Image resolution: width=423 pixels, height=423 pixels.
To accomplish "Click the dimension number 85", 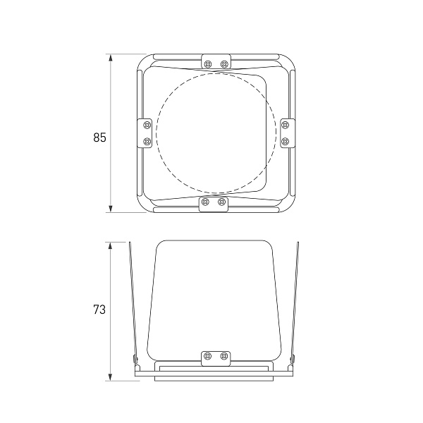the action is coord(100,137).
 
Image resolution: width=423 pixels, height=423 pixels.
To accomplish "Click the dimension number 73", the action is coord(99,309).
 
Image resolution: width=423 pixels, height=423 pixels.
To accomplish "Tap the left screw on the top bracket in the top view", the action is coord(208,64).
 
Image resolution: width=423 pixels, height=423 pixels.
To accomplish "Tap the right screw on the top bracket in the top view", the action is coord(224,64).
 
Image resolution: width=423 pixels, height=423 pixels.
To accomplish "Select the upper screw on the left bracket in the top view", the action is coord(147,125).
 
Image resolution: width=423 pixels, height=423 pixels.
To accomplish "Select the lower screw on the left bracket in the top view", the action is coord(147,141).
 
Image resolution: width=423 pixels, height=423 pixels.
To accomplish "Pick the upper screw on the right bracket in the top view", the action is coord(285,125).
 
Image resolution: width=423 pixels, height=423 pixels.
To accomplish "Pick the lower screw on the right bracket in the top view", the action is coord(285,141).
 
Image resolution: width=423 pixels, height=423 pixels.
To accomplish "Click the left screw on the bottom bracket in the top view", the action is coord(206,202).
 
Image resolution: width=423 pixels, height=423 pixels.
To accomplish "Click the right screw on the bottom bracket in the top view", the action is coord(221,202).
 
